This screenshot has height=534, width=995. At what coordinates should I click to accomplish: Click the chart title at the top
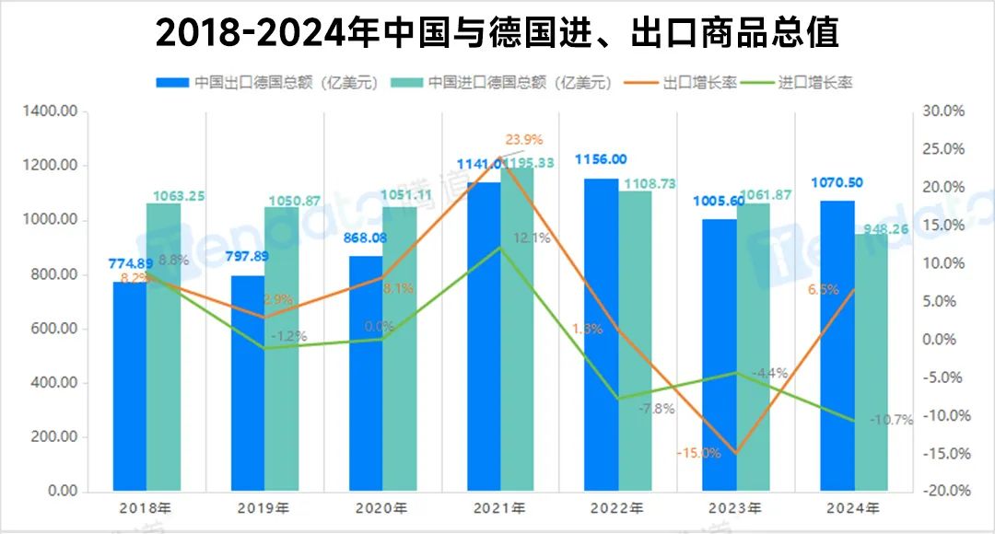coord(497,33)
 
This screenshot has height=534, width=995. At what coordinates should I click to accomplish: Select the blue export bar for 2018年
coord(130,387)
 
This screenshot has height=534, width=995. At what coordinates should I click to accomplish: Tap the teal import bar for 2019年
coord(282,350)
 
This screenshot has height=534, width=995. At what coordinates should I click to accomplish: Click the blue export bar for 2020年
coord(366,373)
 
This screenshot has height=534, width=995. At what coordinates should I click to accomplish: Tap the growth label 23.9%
coord(525,140)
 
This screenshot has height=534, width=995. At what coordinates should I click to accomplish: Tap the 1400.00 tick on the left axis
coord(53,111)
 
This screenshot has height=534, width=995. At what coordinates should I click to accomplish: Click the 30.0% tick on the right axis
coord(942,111)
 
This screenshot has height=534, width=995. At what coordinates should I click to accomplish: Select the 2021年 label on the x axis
coord(500,508)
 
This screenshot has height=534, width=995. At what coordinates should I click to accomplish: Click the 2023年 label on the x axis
coord(736,508)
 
